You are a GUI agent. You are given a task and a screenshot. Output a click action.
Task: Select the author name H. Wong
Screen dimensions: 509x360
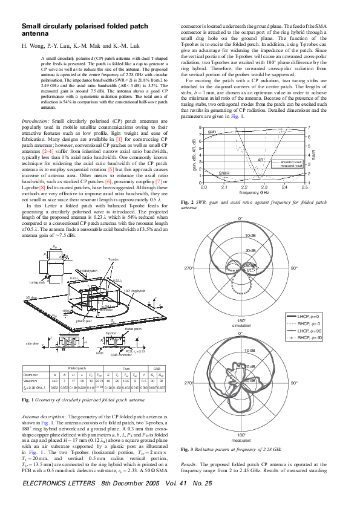pyautogui.click(x=34, y=46)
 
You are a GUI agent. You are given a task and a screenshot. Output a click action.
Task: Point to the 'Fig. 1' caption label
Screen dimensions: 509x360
pyautogui.click(x=28, y=400)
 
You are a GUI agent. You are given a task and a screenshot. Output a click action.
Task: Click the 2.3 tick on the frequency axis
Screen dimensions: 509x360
pyautogui.click(x=264, y=188)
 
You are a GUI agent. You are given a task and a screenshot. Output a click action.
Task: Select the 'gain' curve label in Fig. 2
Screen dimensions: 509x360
pyautogui.click(x=212, y=132)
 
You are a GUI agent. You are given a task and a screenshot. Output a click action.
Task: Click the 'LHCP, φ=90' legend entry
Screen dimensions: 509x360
pyautogui.click(x=310, y=332)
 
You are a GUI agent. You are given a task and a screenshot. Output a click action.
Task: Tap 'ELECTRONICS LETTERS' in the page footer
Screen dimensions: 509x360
pyautogui.click(x=56, y=501)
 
